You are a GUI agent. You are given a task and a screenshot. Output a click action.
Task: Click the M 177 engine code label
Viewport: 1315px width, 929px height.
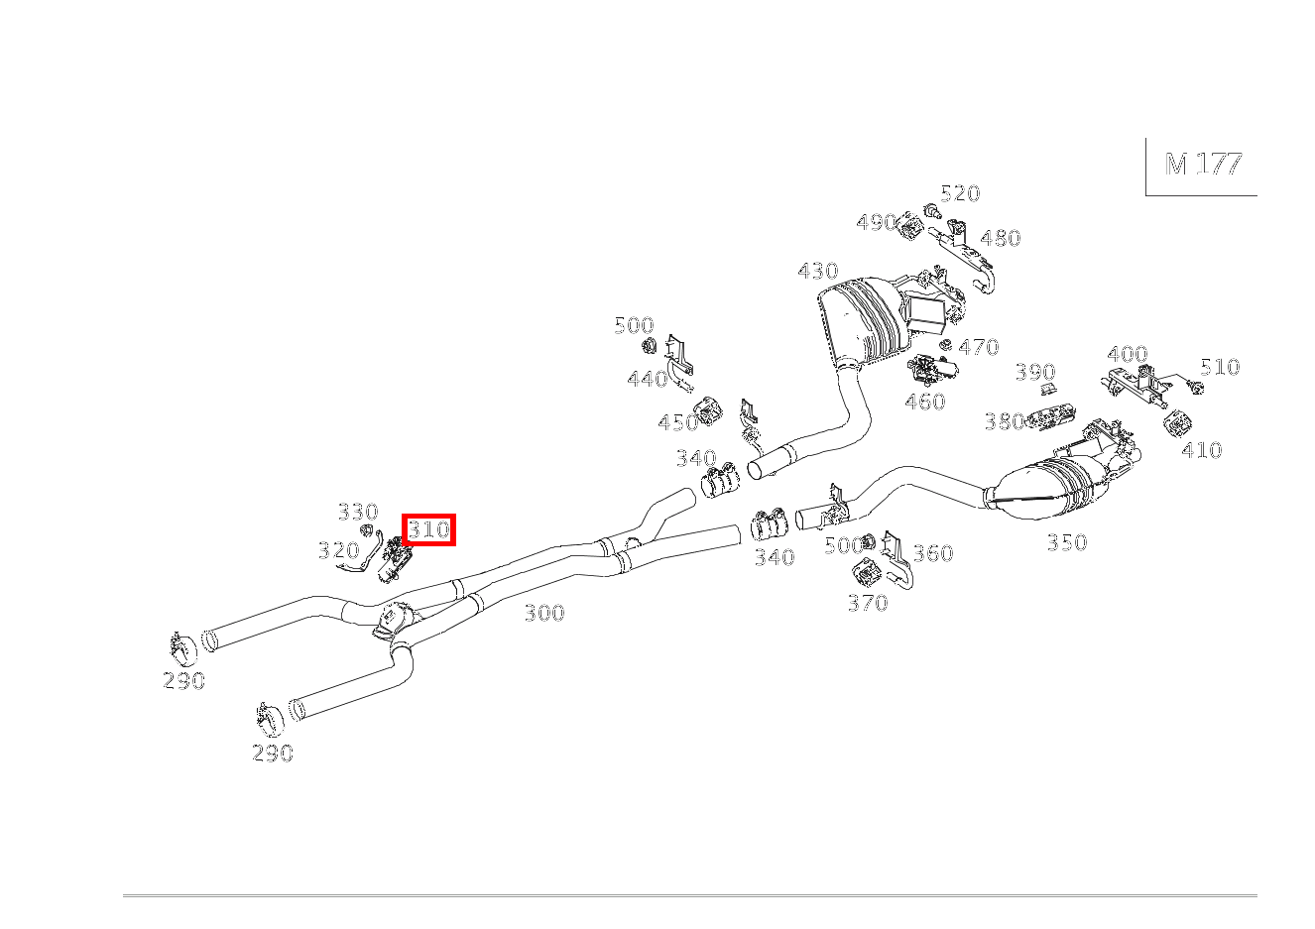[1203, 164]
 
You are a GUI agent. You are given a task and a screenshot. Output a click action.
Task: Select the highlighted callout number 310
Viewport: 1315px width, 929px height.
[428, 529]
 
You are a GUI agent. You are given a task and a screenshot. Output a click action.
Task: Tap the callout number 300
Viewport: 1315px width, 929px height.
[543, 613]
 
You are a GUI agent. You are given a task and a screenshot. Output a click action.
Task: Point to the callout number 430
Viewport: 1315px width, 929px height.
[817, 271]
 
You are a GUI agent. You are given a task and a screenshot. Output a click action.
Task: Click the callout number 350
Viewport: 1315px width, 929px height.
[1066, 542]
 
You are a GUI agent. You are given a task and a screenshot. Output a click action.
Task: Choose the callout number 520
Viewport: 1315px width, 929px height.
[959, 193]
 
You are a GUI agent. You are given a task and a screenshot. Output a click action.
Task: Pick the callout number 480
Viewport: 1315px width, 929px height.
[1000, 238]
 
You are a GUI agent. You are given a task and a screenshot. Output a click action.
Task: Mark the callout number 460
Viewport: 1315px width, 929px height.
[924, 402]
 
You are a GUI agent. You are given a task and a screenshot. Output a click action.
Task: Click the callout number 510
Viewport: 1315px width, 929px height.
[1219, 367]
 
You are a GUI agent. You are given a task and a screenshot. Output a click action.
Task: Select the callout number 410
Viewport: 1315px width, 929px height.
[1201, 450]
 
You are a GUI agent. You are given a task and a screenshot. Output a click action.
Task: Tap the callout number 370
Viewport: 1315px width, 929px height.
[867, 603]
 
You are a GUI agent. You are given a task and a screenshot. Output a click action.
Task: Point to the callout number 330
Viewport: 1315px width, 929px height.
[357, 512]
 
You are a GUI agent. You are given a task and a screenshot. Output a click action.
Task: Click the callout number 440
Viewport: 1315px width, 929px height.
[647, 379]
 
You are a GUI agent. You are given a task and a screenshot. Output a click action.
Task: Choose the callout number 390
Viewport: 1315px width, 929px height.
[1034, 372]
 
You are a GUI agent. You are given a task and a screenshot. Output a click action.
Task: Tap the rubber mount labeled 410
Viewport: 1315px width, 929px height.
[1176, 423]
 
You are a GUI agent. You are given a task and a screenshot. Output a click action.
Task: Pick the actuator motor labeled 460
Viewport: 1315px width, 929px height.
[930, 370]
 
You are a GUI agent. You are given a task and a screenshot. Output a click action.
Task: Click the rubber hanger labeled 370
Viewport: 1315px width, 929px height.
[866, 573]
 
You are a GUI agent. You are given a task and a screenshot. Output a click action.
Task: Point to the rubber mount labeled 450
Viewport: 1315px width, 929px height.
[709, 410]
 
